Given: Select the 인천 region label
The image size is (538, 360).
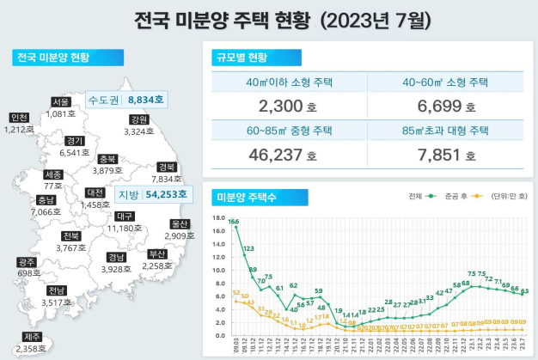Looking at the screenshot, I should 19,118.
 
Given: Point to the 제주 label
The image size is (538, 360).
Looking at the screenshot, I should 32,337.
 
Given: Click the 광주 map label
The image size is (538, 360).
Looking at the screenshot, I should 27,262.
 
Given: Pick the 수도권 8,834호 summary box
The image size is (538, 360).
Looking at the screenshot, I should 127,100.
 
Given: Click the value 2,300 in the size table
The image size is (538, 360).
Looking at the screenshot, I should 280,107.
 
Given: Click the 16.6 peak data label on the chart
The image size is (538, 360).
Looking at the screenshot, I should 234,221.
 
